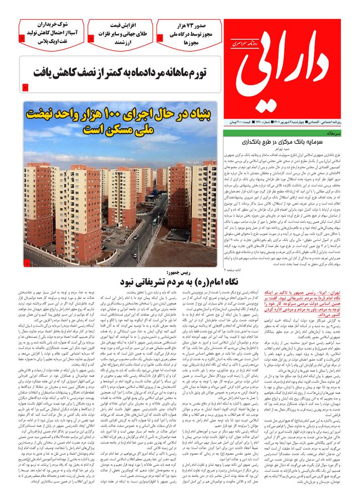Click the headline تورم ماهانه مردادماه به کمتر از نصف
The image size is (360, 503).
(121, 72)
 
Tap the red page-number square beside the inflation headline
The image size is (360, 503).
(26, 89)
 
